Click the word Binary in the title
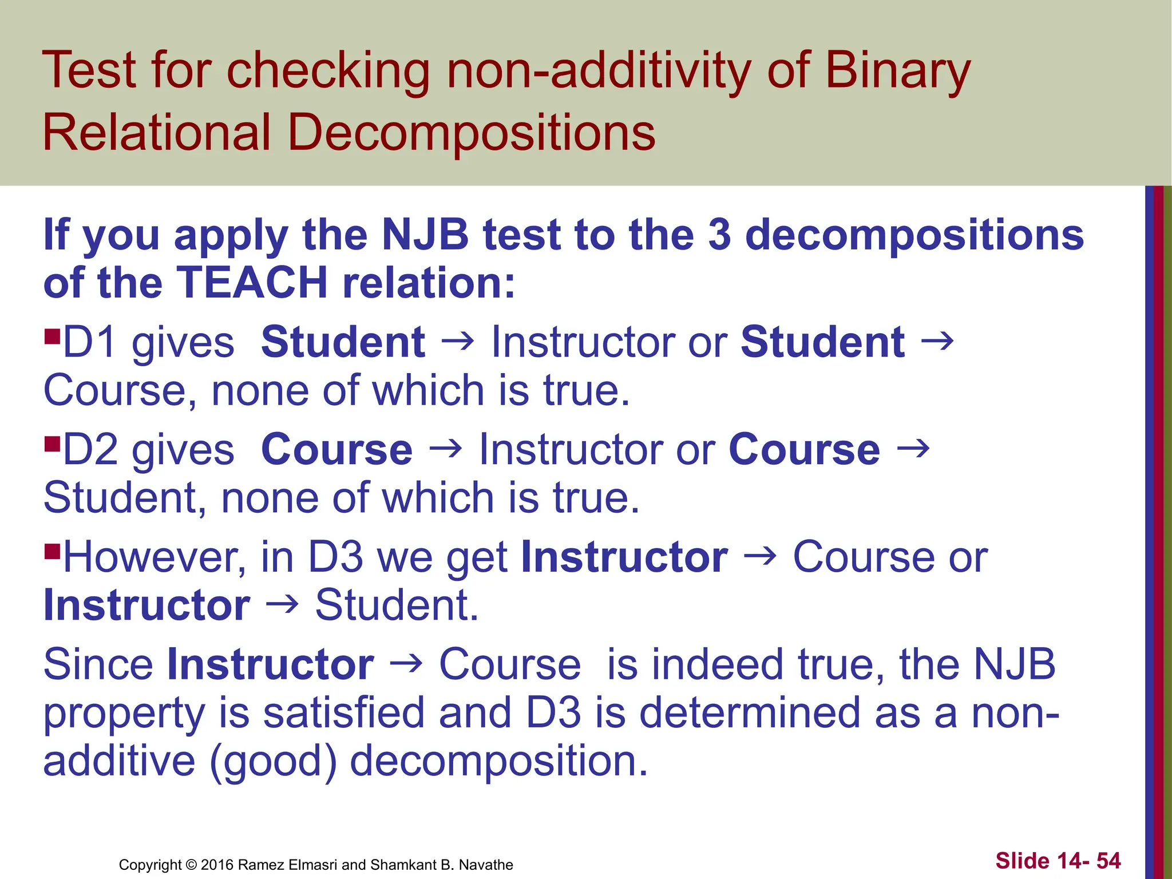[898, 72]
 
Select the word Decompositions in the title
[471, 133]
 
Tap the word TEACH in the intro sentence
[252, 283]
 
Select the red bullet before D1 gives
[52, 334]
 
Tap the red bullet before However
[52, 551]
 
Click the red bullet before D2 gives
[52, 442]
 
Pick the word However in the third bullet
[155, 557]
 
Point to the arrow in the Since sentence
[406, 664]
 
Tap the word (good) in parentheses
[273, 762]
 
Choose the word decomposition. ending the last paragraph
[498, 762]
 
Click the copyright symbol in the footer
[191, 865]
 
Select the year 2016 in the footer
[217, 865]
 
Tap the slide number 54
[1108, 861]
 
